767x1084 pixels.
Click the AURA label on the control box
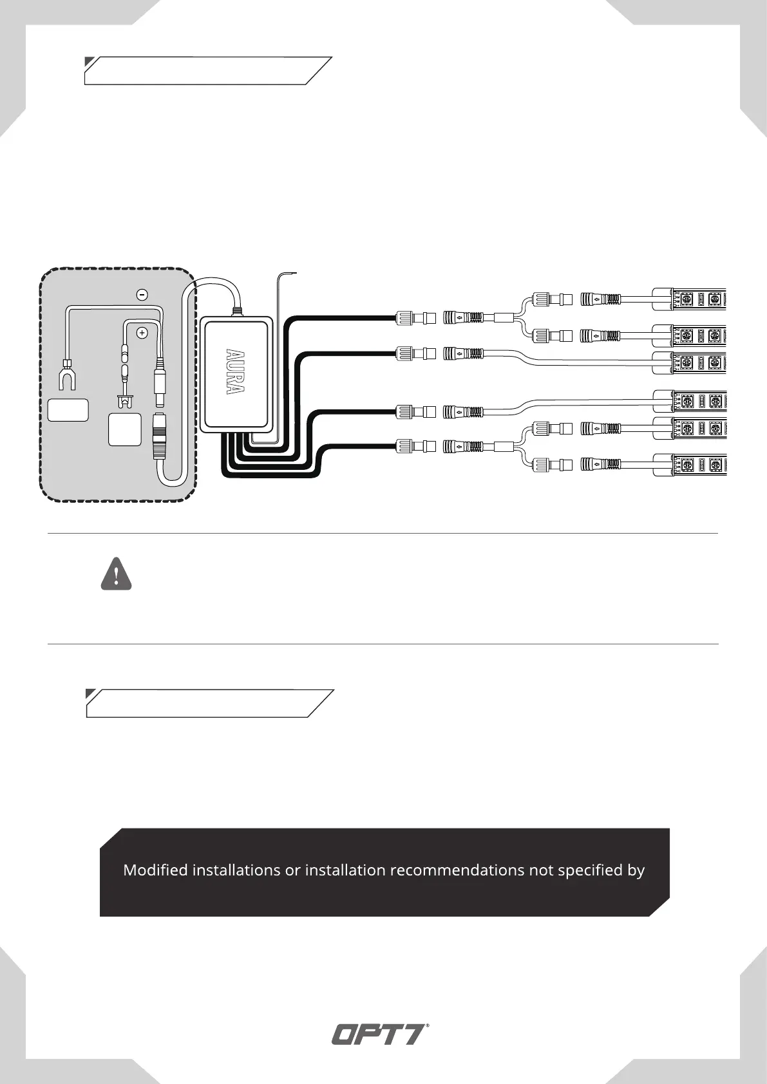pyautogui.click(x=236, y=373)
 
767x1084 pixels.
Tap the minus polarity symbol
pyautogui.click(x=143, y=294)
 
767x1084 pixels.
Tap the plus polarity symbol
pyautogui.click(x=142, y=333)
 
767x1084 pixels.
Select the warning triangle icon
pyautogui.click(x=116, y=575)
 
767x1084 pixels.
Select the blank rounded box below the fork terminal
pyautogui.click(x=68, y=410)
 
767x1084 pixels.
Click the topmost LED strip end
pyautogui.click(x=690, y=299)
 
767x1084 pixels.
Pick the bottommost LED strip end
pyautogui.click(x=690, y=465)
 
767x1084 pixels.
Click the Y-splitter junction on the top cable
pyautogui.click(x=516, y=317)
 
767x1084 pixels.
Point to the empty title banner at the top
pyautogui.click(x=207, y=71)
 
